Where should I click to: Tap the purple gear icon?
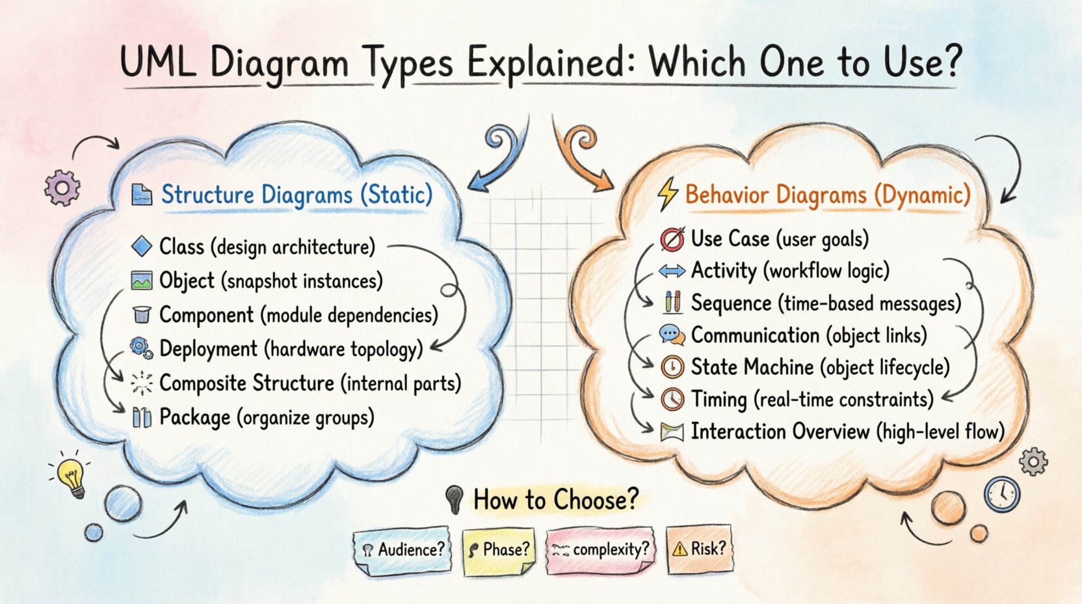[62, 187]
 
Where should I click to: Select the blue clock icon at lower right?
[1001, 494]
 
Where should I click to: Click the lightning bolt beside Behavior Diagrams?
[667, 194]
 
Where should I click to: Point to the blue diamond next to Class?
[141, 247]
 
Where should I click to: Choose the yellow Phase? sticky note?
[498, 550]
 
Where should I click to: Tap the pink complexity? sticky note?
[600, 550]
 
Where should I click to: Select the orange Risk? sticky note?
[699, 549]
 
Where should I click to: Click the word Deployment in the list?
[208, 349]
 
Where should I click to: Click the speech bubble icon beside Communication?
[672, 335]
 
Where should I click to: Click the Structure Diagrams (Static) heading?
[297, 195]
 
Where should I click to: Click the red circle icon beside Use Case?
[672, 240]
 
